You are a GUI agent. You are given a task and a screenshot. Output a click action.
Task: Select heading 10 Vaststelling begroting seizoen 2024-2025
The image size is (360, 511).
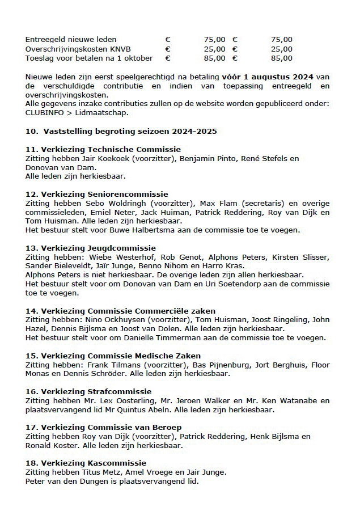click(121, 131)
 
